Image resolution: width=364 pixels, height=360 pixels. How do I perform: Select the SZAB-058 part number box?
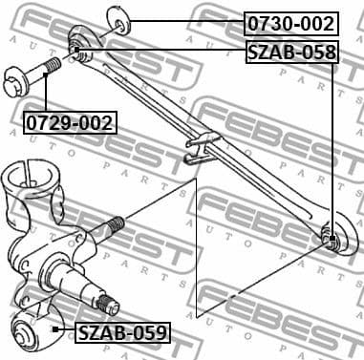pos(291,52)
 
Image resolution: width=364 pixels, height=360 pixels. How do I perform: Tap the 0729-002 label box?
pos(70,122)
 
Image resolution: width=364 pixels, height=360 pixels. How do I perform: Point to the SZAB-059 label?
pos(122,333)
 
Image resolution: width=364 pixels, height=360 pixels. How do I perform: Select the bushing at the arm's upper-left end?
pos(78,49)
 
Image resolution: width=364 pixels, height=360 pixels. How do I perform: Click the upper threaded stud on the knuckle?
pos(114,226)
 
